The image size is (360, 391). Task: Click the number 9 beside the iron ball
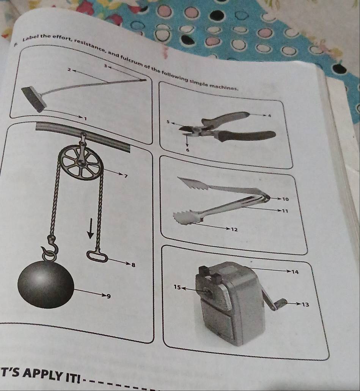pyautogui.click(x=108, y=296)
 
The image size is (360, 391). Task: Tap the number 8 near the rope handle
pyautogui.click(x=133, y=265)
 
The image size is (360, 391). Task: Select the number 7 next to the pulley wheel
pyautogui.click(x=126, y=176)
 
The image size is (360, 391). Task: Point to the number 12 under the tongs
pyautogui.click(x=234, y=229)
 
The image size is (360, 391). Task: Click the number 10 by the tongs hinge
pyautogui.click(x=286, y=199)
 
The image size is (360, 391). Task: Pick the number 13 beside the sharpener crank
pyautogui.click(x=305, y=304)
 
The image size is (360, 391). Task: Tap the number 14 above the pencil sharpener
pyautogui.click(x=295, y=272)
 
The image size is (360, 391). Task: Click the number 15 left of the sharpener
pyautogui.click(x=177, y=287)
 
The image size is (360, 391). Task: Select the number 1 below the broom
pyautogui.click(x=85, y=119)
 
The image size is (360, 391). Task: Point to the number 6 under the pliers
pyautogui.click(x=188, y=150)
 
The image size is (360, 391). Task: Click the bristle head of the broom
pyautogui.click(x=34, y=99)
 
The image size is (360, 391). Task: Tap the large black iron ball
pyautogui.click(x=46, y=284)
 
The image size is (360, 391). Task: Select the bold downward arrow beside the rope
pyautogui.click(x=91, y=228)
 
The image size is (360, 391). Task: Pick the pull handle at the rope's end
pyautogui.click(x=97, y=256)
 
